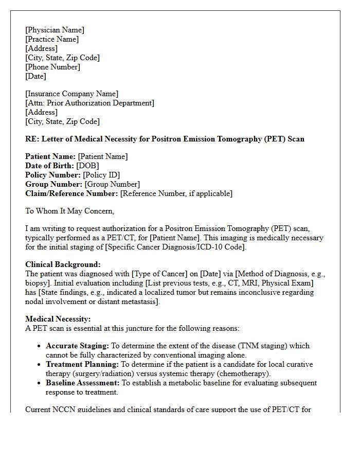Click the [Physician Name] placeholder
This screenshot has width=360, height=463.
(55, 30)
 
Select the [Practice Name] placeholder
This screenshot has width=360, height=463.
(52, 39)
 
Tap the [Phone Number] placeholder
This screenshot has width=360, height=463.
(52, 67)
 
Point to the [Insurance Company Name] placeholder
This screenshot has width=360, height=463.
(71, 94)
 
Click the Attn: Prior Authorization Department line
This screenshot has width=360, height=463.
(89, 103)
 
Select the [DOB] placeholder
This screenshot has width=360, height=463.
(87, 166)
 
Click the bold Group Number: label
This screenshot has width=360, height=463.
(53, 184)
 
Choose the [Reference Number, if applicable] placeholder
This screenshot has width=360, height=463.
(176, 193)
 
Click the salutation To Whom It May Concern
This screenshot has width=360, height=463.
(69, 211)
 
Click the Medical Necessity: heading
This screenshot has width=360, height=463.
(58, 319)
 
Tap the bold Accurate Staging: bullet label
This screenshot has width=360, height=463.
(77, 346)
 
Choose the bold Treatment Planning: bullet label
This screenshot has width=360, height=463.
(82, 364)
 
